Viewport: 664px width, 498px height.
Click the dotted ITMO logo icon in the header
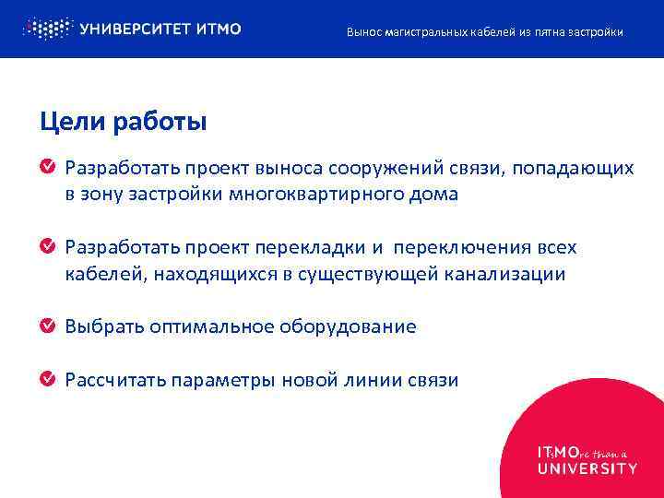click(x=46, y=29)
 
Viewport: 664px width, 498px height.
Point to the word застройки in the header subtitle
click(x=598, y=32)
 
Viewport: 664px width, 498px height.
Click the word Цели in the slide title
click(x=67, y=121)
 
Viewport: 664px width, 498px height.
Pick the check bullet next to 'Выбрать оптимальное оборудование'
click(x=47, y=326)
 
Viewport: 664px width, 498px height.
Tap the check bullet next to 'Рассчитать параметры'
click(x=47, y=380)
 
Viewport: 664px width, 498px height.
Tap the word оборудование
click(x=348, y=326)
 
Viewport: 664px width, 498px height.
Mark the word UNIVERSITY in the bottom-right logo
click(x=587, y=468)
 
